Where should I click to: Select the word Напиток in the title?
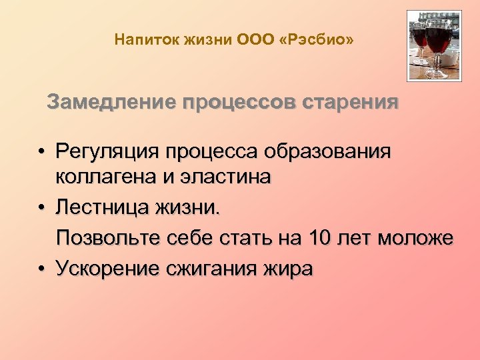138,41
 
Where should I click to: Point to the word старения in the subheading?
351,103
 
